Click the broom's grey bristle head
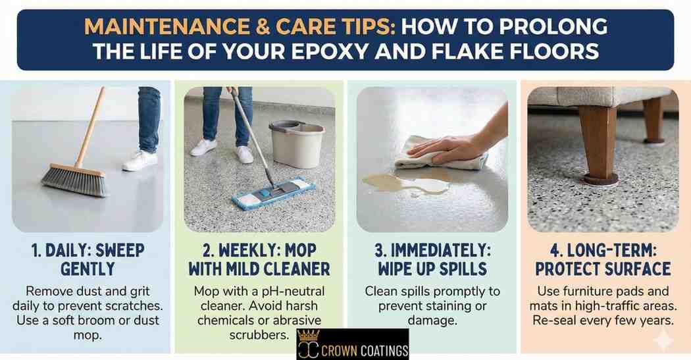pyautogui.click(x=74, y=180)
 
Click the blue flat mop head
pyautogui.click(x=273, y=193)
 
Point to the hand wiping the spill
pyautogui.click(x=445, y=147)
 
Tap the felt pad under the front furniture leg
pyautogui.click(x=600, y=179)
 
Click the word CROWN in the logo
pyautogui.click(x=339, y=351)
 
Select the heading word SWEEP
pyautogui.click(x=120, y=250)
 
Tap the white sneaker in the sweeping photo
pyautogui.click(x=140, y=161)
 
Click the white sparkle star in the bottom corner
pyautogui.click(x=662, y=341)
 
